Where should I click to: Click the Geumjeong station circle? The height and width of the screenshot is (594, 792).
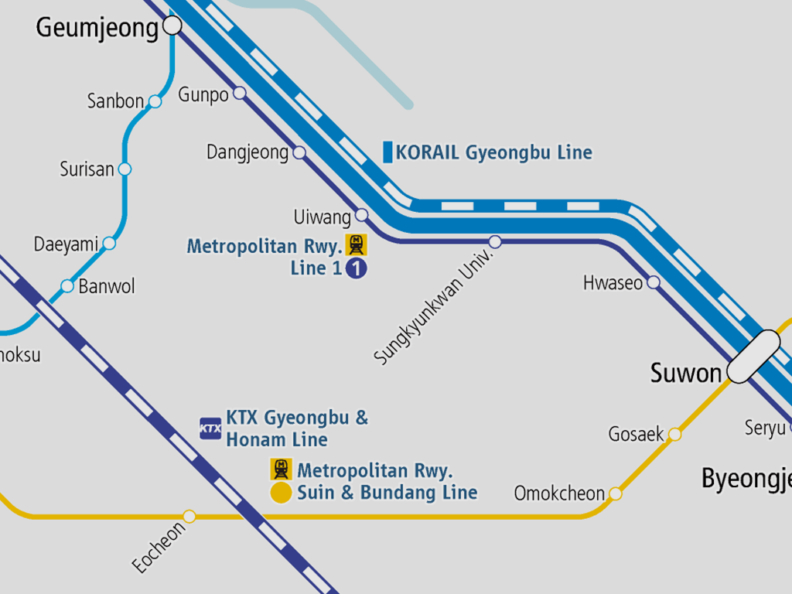point(172,27)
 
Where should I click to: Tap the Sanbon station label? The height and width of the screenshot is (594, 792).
point(115,101)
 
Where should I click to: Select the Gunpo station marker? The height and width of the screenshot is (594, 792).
point(240,93)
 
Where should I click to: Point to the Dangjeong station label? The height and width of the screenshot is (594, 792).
point(247,152)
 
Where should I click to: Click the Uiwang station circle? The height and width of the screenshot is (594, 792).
point(361,215)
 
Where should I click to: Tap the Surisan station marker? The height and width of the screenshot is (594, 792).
point(125,169)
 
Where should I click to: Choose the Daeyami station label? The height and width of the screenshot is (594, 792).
point(66,245)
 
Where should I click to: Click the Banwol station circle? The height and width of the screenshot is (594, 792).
point(67,286)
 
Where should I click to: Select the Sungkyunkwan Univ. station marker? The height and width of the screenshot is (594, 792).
point(495,242)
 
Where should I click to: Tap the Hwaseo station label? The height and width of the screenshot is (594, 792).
point(613,283)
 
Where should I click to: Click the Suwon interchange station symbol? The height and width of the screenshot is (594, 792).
point(754,357)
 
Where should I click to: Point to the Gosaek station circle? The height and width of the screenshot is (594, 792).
point(674,435)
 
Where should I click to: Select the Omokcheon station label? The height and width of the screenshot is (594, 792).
point(559,493)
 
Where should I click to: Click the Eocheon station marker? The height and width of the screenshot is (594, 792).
point(189,516)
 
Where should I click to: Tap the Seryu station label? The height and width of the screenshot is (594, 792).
point(765,428)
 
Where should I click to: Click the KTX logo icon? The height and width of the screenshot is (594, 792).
point(210,428)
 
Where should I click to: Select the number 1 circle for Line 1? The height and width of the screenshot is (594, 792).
point(356,268)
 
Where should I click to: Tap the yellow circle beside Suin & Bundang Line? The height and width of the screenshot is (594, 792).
point(281,493)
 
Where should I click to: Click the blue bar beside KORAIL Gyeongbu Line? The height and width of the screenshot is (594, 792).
point(387,152)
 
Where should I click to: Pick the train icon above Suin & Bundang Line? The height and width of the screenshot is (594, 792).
point(281,469)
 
